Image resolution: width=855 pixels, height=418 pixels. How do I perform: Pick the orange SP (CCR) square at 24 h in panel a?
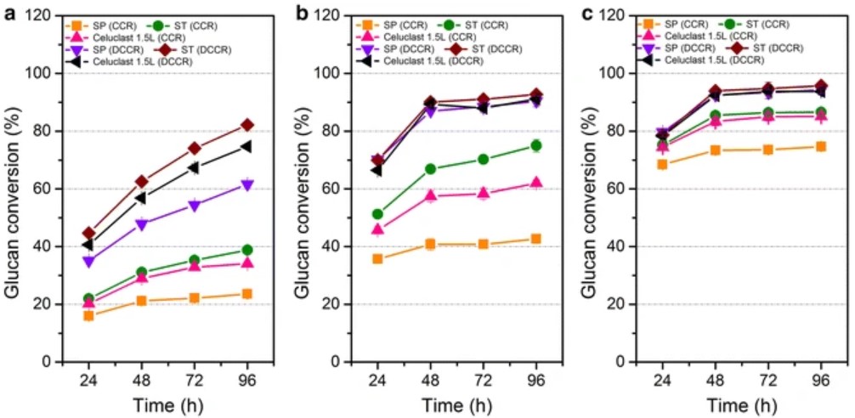[x=88, y=315]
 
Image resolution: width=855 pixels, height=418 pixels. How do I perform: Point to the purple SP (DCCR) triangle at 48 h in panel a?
[x=141, y=224]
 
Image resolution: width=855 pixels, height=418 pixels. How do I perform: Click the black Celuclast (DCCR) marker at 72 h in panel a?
[x=194, y=167]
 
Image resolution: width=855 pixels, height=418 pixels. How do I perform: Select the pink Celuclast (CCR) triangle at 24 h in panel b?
[x=377, y=229]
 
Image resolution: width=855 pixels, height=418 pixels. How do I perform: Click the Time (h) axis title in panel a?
[x=167, y=404]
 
